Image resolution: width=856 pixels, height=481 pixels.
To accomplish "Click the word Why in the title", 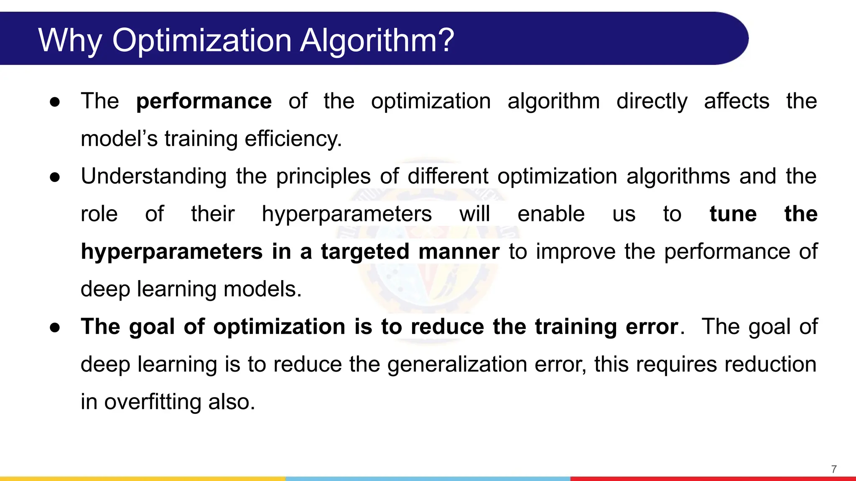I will pos(70,41).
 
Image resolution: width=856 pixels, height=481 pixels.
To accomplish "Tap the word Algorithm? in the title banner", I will pos(377,41).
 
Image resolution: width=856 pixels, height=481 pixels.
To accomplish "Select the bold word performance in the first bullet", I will pos(204,101).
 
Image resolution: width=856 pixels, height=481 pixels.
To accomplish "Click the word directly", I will pos(652,101).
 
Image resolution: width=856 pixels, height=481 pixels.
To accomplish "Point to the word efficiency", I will pos(293,139).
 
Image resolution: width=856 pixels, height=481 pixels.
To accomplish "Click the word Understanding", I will pos(153,176).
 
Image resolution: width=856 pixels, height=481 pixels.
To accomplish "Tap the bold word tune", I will pos(733,214).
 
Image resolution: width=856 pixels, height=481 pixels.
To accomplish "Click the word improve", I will pos(576,251).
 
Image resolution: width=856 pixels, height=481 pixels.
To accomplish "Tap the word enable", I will pos(551,214).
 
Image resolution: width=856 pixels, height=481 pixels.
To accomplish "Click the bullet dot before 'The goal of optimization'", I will pos(55,327).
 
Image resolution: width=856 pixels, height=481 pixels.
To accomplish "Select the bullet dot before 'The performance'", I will pos(55,102).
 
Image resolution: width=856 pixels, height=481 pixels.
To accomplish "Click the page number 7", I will pos(834,469).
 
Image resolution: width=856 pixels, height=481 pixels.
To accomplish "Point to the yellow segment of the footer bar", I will pos(142,478).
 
